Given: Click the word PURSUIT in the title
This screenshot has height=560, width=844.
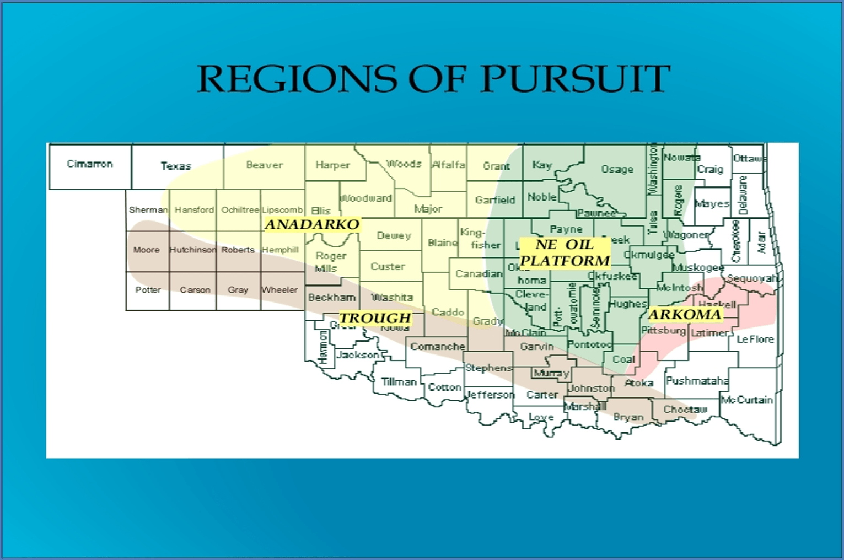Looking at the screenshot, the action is click(575, 79).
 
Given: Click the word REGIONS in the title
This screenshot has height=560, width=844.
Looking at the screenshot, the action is click(297, 79).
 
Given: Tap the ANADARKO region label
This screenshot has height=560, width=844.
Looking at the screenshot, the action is click(312, 224).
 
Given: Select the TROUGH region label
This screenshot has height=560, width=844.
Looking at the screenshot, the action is click(375, 318).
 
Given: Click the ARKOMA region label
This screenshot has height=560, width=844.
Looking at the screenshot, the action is click(685, 314).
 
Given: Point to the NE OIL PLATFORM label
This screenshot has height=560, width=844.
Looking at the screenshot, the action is click(565, 252).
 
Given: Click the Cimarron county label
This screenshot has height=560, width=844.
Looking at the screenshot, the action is click(90, 164).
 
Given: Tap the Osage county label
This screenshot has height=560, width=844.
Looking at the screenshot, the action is click(617, 169).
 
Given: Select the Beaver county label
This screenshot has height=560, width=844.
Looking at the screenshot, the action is click(265, 165).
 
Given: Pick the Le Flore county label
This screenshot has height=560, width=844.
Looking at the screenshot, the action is click(755, 339).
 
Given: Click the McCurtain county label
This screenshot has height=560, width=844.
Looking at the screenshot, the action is click(747, 400).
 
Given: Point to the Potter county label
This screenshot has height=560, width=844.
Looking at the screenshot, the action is click(148, 290).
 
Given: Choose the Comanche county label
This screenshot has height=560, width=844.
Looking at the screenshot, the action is click(438, 347).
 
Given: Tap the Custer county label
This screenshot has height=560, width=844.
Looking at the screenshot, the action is click(388, 266).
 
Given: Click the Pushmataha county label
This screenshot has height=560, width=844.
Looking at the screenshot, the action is click(697, 381).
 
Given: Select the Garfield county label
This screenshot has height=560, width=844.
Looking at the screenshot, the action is click(495, 200).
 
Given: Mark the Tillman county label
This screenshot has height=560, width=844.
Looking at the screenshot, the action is click(399, 381).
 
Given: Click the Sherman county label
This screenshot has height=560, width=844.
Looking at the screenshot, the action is click(148, 210).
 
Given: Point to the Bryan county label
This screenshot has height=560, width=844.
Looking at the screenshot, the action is click(628, 417).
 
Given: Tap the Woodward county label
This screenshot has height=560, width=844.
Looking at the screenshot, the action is click(366, 198).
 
